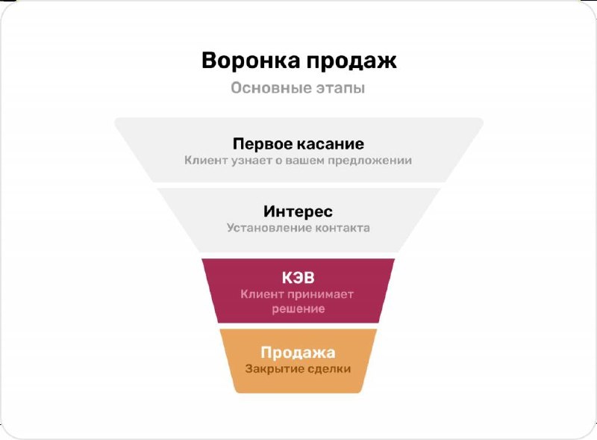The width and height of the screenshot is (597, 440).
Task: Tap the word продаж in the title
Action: point(350,61)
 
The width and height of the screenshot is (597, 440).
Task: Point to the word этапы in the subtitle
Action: point(340,89)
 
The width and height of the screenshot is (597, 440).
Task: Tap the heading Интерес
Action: point(298,211)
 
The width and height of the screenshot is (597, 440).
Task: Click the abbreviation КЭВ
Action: point(298,278)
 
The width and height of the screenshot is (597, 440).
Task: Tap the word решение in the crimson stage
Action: point(298,309)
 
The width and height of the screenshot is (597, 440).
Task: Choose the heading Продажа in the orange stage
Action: point(298,353)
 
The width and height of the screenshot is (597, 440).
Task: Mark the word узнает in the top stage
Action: point(246,160)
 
